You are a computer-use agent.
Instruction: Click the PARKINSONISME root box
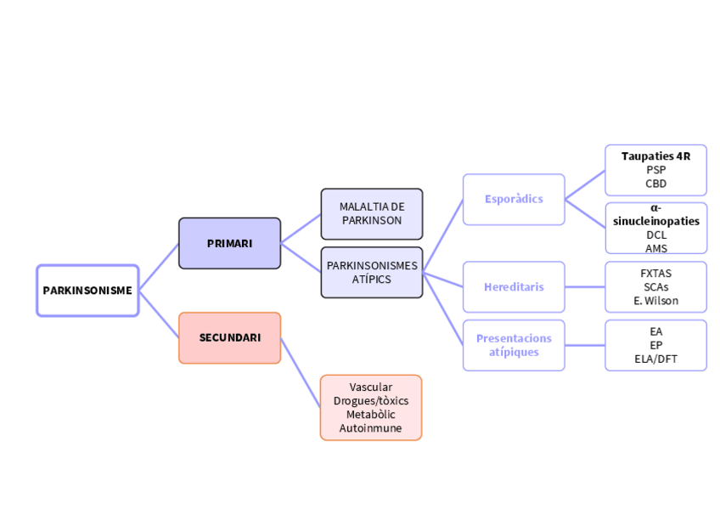[x=87, y=291]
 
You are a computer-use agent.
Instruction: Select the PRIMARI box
[x=229, y=244]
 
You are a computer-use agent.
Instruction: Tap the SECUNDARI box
[x=229, y=338]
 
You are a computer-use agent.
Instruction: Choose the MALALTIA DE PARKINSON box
[x=372, y=214]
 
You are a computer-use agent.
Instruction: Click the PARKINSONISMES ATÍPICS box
[x=372, y=273]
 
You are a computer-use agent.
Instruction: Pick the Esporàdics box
[x=514, y=200]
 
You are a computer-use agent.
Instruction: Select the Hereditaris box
[x=514, y=287]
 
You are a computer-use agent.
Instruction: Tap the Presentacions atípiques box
[x=514, y=346]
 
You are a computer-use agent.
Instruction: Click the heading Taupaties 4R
[x=655, y=156]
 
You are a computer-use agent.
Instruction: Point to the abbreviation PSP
[x=655, y=170]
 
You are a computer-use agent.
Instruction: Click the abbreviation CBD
[x=655, y=184]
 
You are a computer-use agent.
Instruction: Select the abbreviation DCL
[x=656, y=235]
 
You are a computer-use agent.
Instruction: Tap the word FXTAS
[x=655, y=274]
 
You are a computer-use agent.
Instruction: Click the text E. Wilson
[x=655, y=301]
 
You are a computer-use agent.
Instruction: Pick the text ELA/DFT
[x=655, y=359]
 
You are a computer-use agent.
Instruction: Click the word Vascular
[x=371, y=387]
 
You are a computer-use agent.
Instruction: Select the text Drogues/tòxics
[x=371, y=401]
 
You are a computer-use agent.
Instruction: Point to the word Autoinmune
[x=370, y=428]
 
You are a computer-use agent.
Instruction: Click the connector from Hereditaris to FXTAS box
[x=585, y=287]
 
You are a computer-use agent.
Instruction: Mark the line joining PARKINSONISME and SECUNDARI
[x=159, y=314]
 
